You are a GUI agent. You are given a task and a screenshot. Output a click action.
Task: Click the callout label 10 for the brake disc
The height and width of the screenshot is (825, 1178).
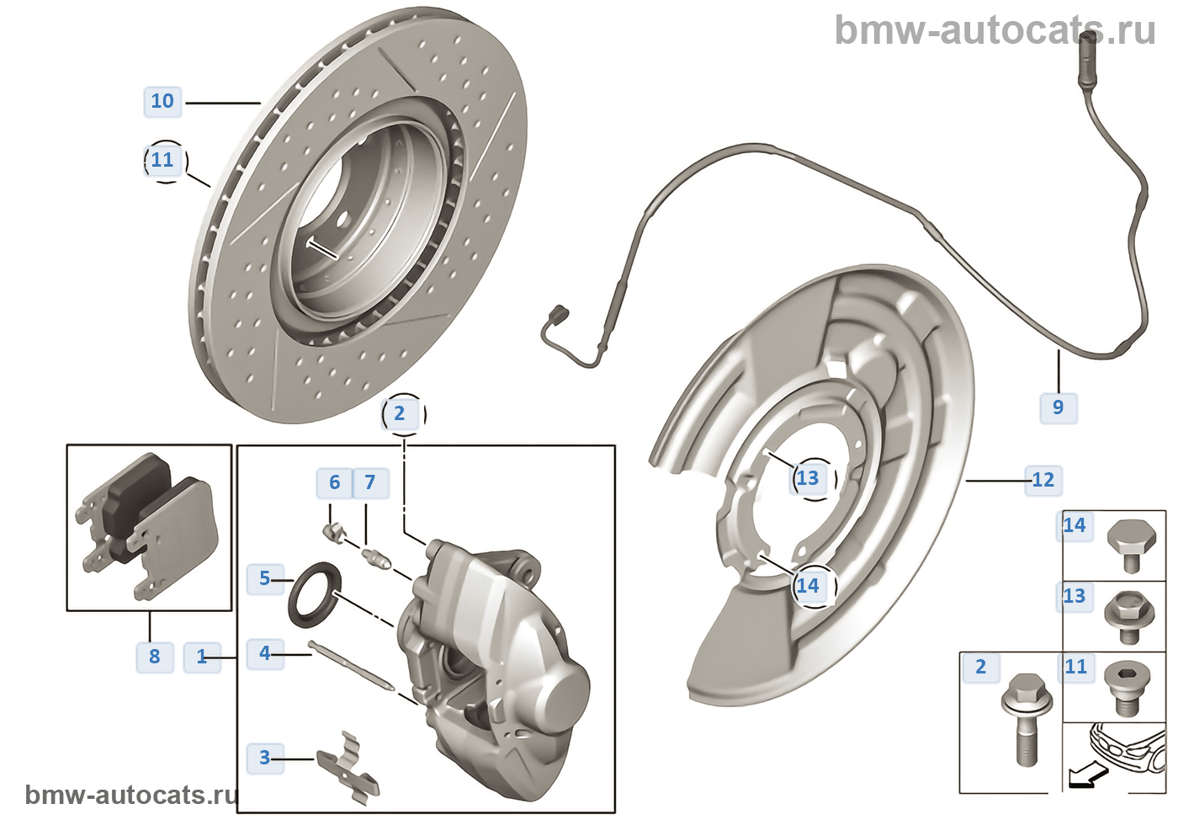click(162, 101)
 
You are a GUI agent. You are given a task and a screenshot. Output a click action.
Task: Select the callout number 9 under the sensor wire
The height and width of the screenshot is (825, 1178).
click(1058, 407)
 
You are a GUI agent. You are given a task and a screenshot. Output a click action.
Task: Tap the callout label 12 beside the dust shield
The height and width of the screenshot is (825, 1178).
click(1043, 480)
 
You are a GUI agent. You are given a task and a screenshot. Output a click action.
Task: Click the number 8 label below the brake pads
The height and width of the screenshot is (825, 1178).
click(155, 657)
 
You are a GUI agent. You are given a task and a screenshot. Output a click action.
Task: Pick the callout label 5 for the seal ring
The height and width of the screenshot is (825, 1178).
click(264, 578)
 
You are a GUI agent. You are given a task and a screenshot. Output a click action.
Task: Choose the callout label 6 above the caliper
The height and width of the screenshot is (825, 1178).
click(334, 482)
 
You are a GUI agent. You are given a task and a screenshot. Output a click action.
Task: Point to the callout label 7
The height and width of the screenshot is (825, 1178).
click(369, 482)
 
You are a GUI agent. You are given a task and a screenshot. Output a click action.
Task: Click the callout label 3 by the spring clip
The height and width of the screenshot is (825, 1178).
click(264, 758)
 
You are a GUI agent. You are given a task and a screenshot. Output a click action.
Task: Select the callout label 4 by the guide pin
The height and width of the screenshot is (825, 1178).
click(264, 652)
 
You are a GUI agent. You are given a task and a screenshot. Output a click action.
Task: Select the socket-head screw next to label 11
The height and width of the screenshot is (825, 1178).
click(1128, 687)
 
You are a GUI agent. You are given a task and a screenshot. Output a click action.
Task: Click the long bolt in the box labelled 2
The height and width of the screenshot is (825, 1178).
click(1023, 720)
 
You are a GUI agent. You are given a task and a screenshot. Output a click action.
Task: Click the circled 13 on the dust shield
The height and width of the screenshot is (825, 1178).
click(808, 478)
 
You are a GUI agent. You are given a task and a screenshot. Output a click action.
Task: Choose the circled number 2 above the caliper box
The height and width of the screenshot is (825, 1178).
click(400, 413)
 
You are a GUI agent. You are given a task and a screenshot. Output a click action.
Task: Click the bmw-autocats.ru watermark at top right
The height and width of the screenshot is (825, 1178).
click(995, 30)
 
